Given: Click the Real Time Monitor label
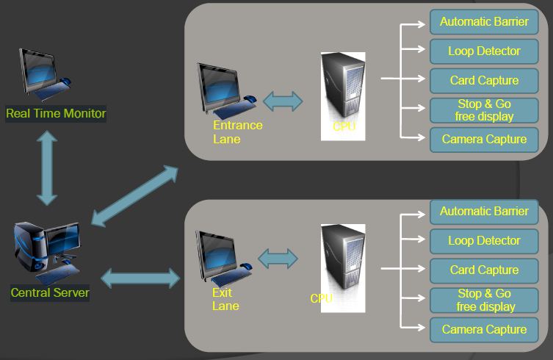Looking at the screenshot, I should (56, 114).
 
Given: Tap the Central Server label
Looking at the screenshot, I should (50, 292).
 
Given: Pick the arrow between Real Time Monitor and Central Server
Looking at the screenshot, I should (47, 168).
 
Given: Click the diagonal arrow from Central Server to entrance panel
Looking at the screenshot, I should (133, 196).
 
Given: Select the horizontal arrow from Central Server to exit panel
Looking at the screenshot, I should (140, 278).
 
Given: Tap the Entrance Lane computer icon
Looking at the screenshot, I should (223, 90).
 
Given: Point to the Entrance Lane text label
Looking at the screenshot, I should (237, 132).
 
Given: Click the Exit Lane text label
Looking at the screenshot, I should (225, 300).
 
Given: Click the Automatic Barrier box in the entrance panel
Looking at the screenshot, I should (484, 21).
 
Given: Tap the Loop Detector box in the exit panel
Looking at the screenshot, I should (484, 240).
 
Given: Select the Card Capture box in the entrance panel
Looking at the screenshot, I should (484, 80).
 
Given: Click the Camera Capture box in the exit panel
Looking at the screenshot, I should (484, 329).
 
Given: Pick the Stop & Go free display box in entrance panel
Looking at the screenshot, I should (484, 109).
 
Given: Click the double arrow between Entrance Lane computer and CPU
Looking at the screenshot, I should (283, 101).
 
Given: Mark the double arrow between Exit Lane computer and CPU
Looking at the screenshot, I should (278, 257).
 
